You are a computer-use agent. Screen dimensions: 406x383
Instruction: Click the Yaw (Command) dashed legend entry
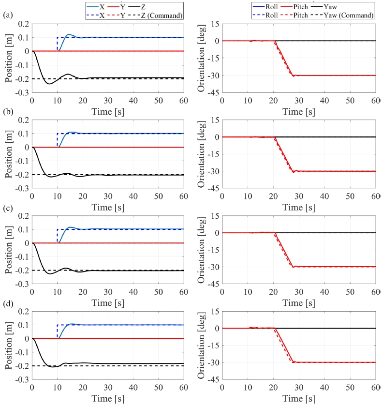point(350,15)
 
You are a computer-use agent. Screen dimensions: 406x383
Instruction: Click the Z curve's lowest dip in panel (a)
point(49,84)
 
